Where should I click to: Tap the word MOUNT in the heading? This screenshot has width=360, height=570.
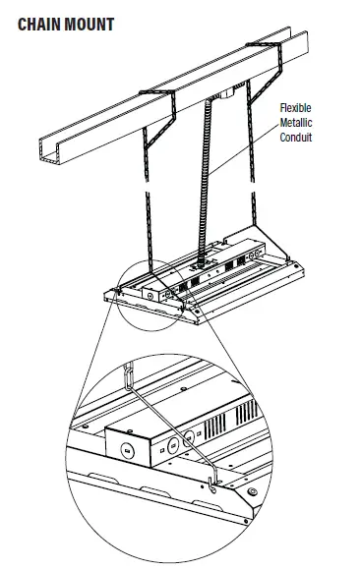click(x=90, y=24)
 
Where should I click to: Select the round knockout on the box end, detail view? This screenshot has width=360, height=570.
click(x=127, y=450)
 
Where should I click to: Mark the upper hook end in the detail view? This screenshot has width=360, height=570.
click(x=128, y=375)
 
